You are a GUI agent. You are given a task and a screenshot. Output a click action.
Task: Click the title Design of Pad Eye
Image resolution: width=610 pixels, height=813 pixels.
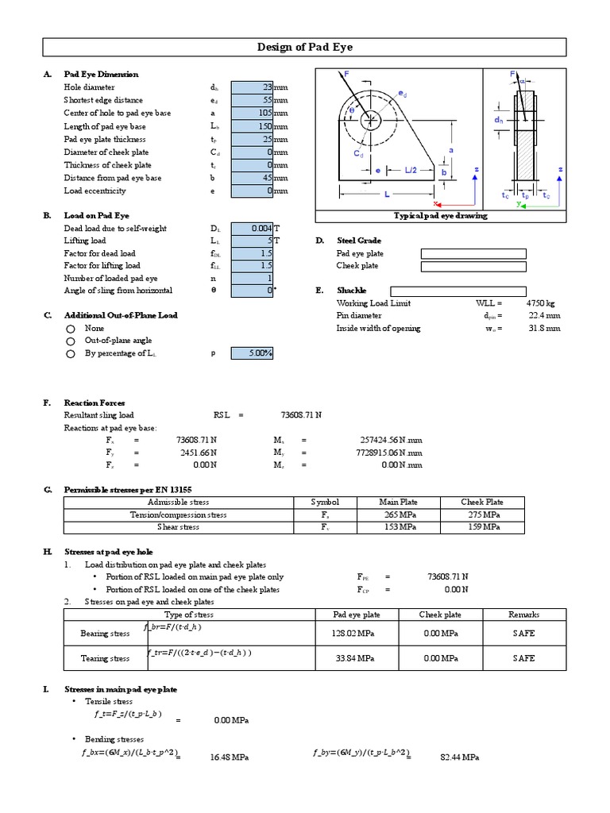pyautogui.click(x=305, y=48)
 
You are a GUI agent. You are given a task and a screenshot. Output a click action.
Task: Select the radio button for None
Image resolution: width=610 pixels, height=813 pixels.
pyautogui.click(x=71, y=328)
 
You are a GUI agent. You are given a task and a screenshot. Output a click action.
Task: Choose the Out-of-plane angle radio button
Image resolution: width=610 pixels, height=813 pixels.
pyautogui.click(x=71, y=341)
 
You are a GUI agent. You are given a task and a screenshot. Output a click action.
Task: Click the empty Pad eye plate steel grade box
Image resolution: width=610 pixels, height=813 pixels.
pyautogui.click(x=473, y=254)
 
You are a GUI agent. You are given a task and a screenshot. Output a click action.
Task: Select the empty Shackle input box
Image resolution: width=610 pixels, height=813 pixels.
pyautogui.click(x=457, y=291)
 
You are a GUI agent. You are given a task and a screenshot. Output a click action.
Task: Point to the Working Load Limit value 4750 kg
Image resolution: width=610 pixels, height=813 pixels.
pyautogui.click(x=542, y=303)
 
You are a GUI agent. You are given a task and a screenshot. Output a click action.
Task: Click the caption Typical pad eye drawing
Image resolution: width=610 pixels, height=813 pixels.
pyautogui.click(x=441, y=216)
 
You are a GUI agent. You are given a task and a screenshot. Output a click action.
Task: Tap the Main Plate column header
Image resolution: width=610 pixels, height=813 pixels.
pyautogui.click(x=399, y=502)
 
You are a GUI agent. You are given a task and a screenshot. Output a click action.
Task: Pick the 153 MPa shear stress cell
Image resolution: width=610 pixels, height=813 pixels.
pyautogui.click(x=399, y=527)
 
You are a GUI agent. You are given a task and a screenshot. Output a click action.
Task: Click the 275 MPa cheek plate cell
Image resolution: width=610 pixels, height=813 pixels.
pyautogui.click(x=482, y=514)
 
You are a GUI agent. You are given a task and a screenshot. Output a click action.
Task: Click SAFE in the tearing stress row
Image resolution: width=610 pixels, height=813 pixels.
pyautogui.click(x=524, y=658)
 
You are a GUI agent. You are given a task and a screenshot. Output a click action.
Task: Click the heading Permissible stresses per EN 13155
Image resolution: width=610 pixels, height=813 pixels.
pyautogui.click(x=128, y=490)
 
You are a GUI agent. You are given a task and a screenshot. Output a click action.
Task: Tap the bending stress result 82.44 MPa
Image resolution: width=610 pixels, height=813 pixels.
pyautogui.click(x=459, y=758)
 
